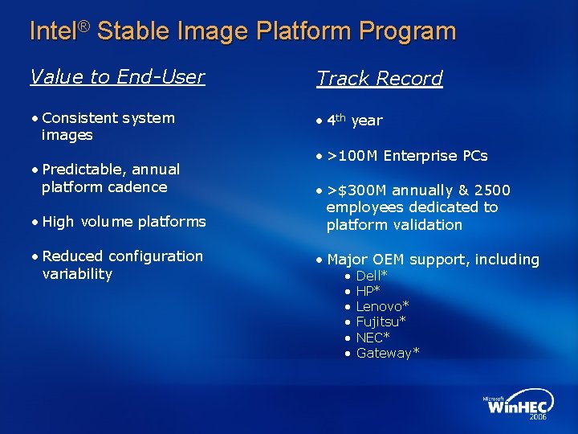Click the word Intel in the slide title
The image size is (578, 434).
pos(52,31)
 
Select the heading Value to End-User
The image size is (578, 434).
pos(117,76)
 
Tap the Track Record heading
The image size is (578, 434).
pos(379,78)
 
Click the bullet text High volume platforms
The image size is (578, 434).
pos(124,222)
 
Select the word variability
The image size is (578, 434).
pos(77,274)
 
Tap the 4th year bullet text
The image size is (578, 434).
pos(354,121)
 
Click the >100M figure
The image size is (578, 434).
pos(352,155)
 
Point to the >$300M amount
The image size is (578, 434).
pos(356,190)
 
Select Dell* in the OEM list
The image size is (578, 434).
pos(372,276)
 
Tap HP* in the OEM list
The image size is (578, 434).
pos(368,291)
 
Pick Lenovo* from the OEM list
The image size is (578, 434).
pos(382,306)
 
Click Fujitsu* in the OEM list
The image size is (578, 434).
pos(381,321)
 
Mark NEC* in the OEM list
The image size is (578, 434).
pos(372,338)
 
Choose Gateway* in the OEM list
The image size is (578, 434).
pos(387,353)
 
